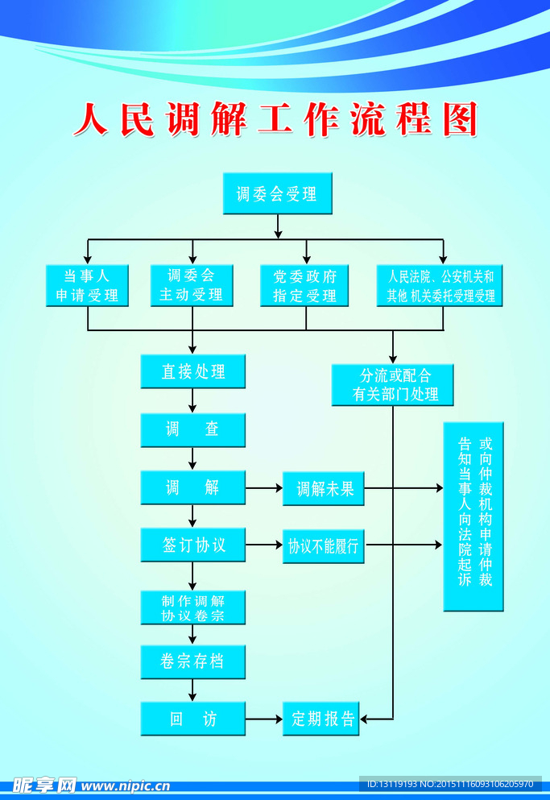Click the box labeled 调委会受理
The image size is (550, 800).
277,194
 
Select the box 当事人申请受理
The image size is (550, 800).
87,285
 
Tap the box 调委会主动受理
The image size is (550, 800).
192,285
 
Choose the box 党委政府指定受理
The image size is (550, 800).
304,285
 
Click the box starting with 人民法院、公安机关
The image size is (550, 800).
440,285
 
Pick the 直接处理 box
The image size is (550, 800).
192,371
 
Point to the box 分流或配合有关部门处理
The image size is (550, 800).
393,385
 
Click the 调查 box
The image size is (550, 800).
192,429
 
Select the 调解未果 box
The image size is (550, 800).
323,488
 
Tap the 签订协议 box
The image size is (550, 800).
192,545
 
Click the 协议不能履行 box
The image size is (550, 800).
323,546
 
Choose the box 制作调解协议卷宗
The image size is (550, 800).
192,608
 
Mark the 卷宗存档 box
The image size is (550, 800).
192,661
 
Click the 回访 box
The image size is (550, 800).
192,719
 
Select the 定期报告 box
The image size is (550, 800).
323,719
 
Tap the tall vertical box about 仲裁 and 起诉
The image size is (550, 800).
473,516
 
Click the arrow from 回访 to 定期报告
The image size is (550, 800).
263,719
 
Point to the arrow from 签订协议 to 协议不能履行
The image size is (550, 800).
263,545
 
